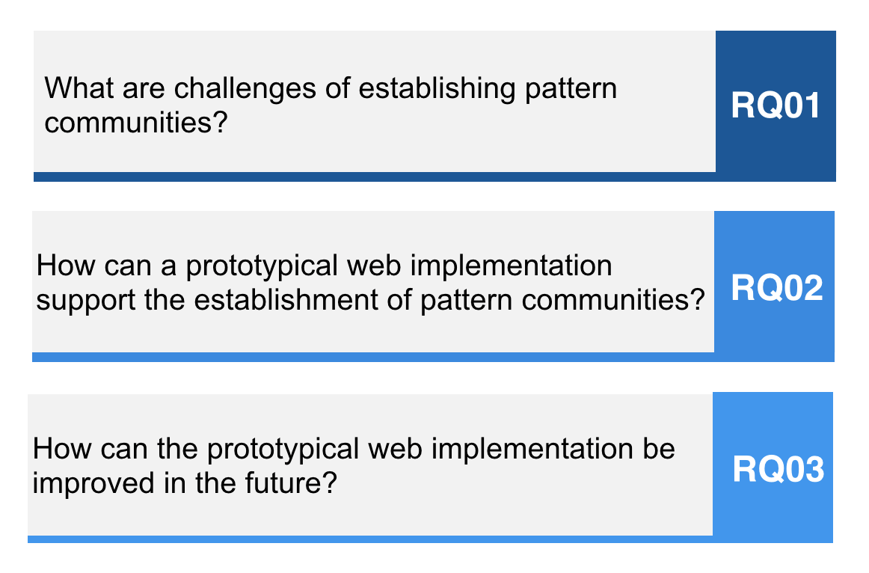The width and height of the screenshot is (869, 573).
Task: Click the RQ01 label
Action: tap(776, 105)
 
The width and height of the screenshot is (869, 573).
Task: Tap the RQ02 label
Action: tap(777, 287)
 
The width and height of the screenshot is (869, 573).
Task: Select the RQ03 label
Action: tap(778, 469)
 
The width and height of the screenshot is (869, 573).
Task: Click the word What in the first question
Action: tap(79, 88)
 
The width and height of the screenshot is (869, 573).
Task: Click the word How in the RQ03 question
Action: tap(61, 448)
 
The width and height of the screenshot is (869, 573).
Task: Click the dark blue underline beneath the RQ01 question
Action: tap(434, 177)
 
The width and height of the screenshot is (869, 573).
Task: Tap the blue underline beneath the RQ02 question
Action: tap(434, 358)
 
